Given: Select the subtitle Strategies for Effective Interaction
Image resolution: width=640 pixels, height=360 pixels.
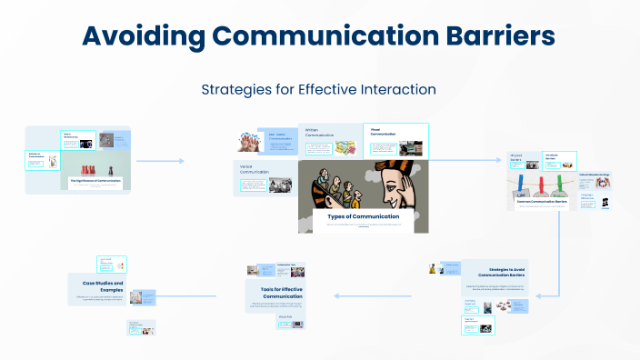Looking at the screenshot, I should tap(319, 89).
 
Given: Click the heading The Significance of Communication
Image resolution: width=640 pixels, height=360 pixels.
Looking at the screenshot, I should tap(95, 181).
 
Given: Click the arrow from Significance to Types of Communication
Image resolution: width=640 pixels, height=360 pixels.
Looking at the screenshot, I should tap(160, 161).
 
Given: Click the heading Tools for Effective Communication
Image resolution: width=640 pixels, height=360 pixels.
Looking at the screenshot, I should tap(275, 292).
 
